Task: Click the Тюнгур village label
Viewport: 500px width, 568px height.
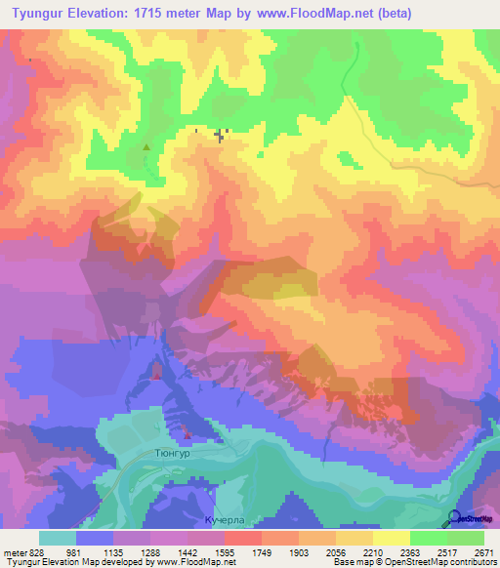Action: [173, 454]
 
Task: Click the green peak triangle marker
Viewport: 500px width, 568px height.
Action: [146, 148]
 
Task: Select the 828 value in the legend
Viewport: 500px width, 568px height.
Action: [37, 551]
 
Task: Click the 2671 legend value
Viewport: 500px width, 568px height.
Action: [484, 551]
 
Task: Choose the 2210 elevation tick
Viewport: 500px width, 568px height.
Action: [372, 551]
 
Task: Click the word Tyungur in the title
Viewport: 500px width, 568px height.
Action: [42, 14]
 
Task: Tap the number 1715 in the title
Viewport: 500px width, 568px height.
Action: [162, 14]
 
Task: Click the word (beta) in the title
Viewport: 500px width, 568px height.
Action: [390, 14]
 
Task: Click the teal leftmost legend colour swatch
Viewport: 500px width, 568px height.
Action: [58, 538]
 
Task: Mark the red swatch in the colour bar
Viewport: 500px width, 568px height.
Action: [243, 538]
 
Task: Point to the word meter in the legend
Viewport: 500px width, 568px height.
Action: [14, 551]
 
